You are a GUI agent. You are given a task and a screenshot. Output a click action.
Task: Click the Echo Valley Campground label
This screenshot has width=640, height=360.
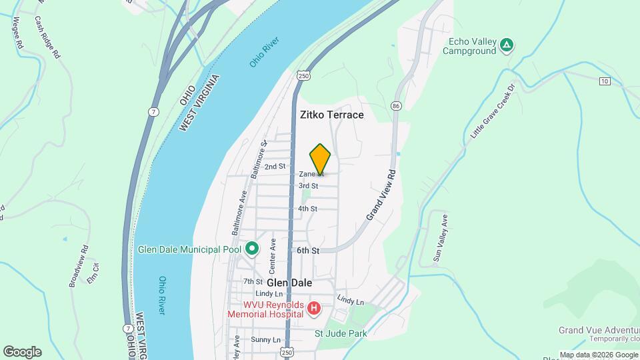[473, 46]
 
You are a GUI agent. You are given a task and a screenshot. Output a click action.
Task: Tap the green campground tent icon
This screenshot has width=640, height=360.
[507, 45]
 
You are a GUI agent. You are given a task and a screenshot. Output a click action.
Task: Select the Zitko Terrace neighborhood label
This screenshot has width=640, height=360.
[332, 115]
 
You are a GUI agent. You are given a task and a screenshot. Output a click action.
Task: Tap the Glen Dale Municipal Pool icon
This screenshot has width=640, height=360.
[252, 250]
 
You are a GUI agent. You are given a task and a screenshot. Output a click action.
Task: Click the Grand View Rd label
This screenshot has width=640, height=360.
[381, 194]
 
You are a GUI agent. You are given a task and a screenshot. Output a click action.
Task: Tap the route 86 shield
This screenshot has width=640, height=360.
[397, 106]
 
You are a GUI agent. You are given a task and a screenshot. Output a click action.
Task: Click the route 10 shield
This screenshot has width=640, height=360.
[604, 81]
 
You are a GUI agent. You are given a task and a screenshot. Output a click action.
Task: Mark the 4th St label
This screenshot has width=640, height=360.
[307, 209]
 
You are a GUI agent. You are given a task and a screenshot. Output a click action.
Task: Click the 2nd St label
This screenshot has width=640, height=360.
[275, 166]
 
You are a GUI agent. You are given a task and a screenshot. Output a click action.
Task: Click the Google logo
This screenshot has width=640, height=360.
[22, 352]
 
